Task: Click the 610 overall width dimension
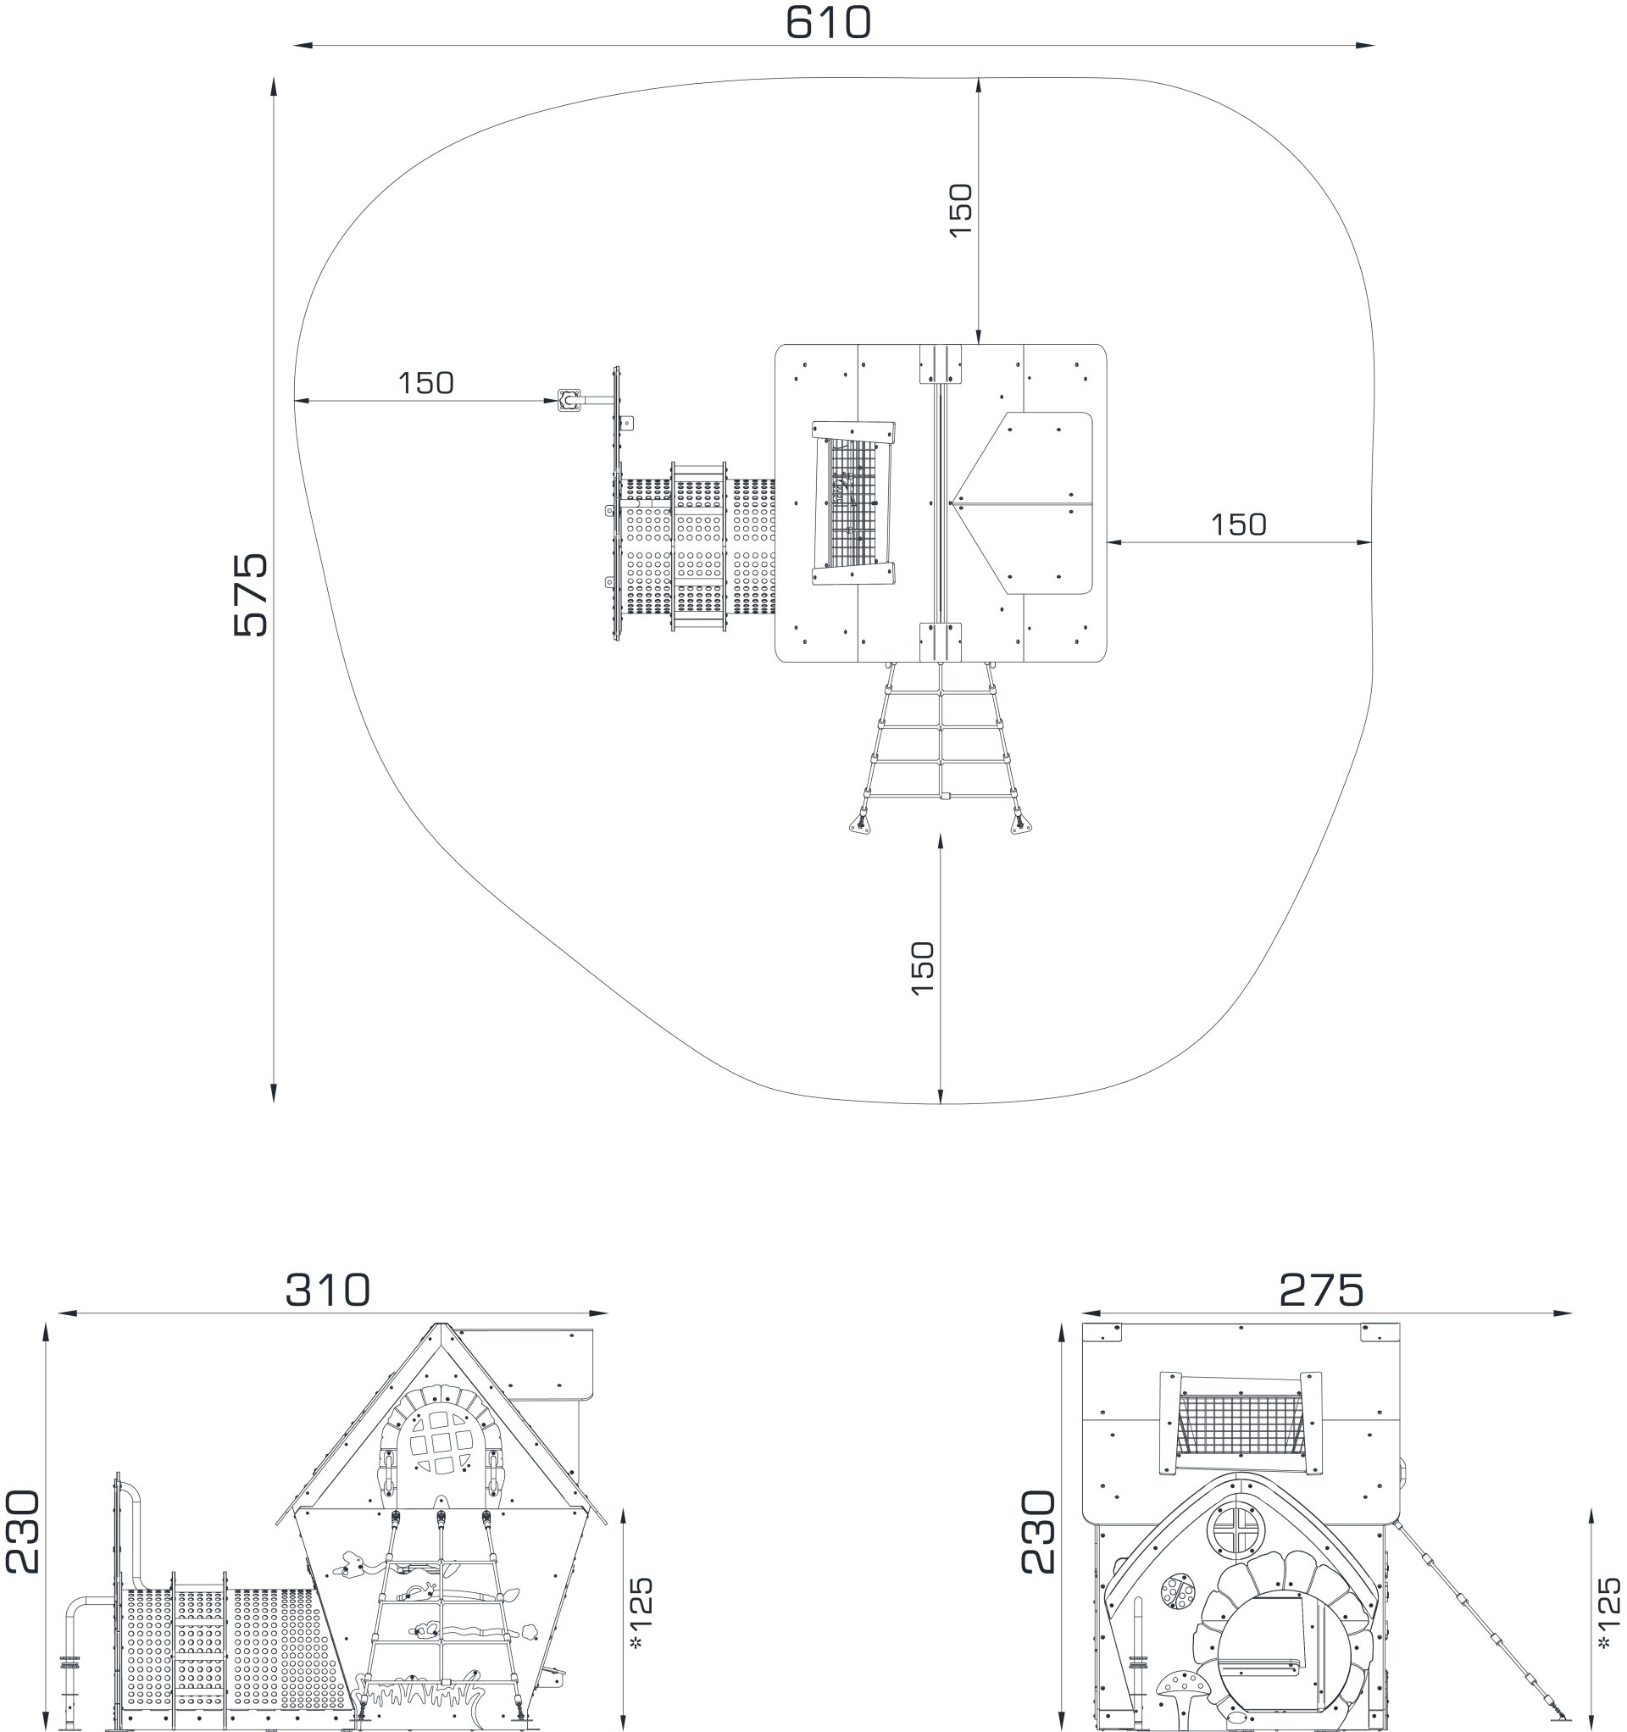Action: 827,23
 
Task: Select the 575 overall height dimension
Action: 251,594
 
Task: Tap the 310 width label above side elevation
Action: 328,1291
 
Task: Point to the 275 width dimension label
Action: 1320,1291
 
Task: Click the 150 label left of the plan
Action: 425,383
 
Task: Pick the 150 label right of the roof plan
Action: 1238,525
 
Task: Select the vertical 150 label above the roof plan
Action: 959,209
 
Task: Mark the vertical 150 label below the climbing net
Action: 921,968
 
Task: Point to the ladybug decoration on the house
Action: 1177,1591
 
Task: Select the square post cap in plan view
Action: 569,401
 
